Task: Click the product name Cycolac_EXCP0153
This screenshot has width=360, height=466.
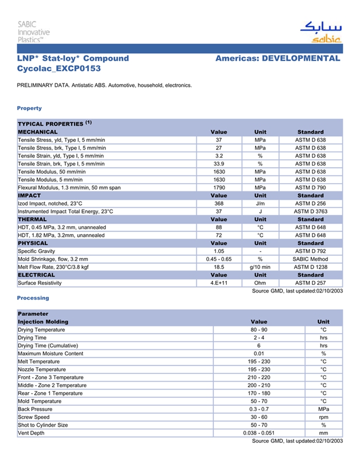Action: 59,68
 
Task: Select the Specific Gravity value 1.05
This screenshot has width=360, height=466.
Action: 219,251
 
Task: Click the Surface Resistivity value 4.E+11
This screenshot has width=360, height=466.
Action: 219,283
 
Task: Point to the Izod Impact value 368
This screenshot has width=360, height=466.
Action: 219,204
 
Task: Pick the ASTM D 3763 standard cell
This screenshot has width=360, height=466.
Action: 310,211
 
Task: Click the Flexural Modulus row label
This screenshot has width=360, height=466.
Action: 69,188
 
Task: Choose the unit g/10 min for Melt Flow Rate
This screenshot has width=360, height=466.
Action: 260,267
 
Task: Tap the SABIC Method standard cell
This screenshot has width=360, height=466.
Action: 310,259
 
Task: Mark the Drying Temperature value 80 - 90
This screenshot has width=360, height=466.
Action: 259,330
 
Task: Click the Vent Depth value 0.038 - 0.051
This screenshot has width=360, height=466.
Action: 259,433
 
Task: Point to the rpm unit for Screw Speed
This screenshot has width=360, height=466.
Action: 323,417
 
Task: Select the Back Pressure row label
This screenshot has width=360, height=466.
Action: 35,409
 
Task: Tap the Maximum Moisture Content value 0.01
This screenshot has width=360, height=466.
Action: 259,354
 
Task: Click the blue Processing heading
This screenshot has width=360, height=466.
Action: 33,298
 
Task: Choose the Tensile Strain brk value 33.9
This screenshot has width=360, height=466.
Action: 219,164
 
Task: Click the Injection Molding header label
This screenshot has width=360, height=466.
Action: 43,321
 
